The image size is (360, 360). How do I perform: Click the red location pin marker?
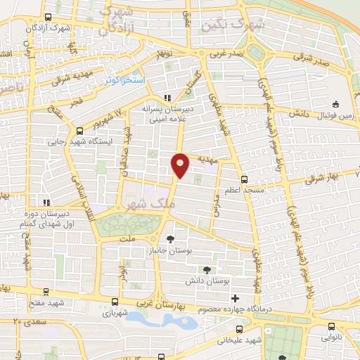(x=181, y=165)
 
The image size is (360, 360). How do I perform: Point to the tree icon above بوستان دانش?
(x=207, y=269)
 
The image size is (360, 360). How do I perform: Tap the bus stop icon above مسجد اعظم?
(x=244, y=179)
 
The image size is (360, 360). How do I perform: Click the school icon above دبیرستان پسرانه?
(x=167, y=98)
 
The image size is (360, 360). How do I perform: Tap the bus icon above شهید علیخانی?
(x=238, y=328)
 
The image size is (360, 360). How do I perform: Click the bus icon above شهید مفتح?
(x=46, y=290)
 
